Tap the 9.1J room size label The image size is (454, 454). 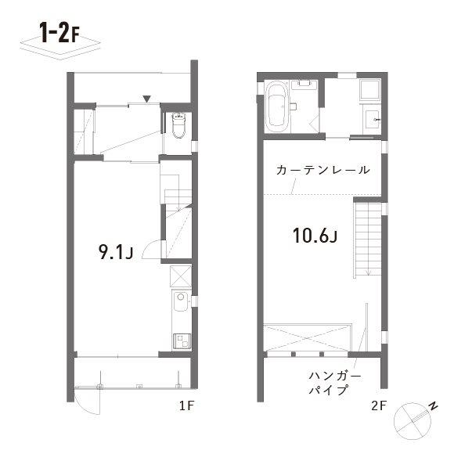(x=116, y=251)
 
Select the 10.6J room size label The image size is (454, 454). (x=315, y=235)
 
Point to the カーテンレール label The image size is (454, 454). (x=323, y=170)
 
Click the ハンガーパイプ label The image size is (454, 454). (x=335, y=383)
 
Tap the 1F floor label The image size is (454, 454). (x=186, y=405)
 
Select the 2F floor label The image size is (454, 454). (x=379, y=405)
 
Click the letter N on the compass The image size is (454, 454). (x=433, y=406)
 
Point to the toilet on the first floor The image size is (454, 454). (x=178, y=125)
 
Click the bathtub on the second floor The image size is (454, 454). (x=278, y=106)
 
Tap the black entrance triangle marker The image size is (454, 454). (x=147, y=99)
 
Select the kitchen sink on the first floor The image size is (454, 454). (x=181, y=301)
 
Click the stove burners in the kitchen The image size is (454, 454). (x=182, y=340)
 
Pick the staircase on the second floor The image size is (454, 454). (x=368, y=240)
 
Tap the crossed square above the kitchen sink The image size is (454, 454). (x=180, y=276)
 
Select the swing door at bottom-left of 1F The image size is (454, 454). (x=87, y=402)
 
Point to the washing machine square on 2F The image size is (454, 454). (x=369, y=90)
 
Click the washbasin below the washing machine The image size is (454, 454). (x=373, y=119)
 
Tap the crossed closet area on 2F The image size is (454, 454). (x=307, y=337)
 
